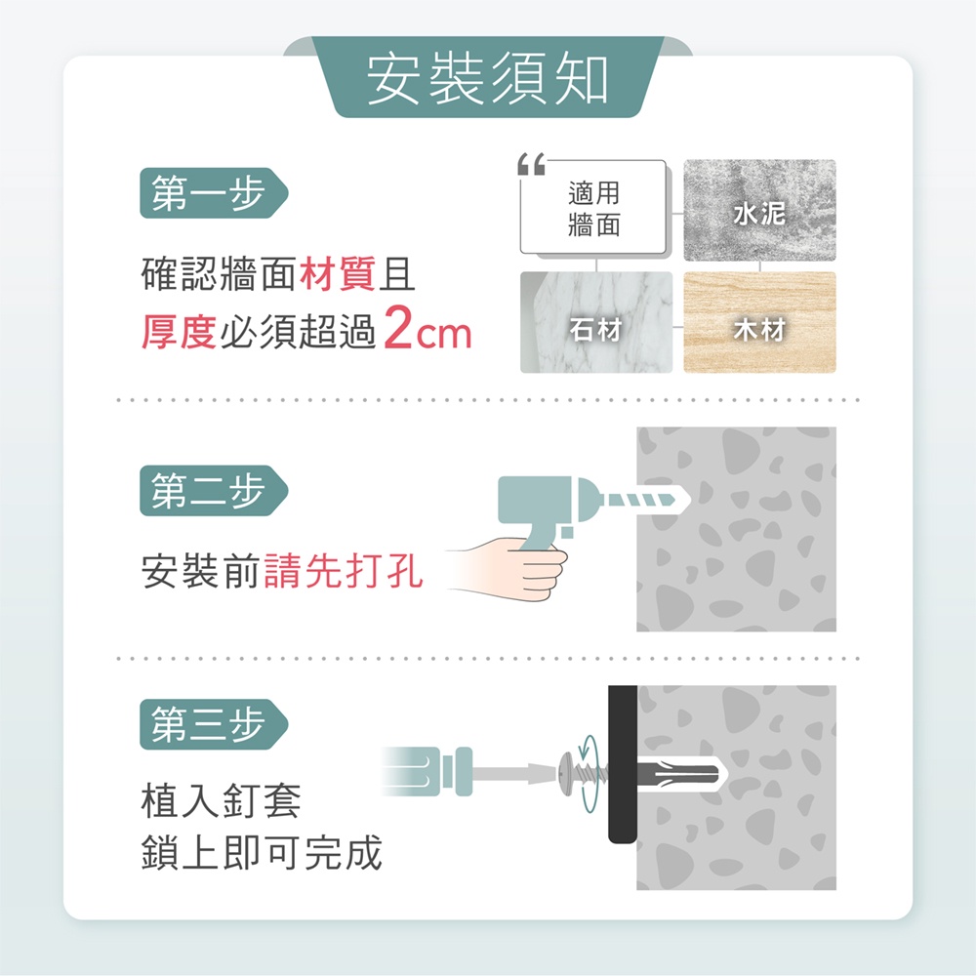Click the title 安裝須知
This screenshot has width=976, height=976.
[487, 79]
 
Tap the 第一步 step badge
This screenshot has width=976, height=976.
[214, 193]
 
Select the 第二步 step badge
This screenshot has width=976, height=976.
[214, 491]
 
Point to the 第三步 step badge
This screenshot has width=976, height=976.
[214, 724]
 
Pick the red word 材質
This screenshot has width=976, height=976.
[338, 274]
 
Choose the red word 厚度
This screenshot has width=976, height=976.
[180, 331]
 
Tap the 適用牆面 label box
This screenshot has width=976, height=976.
[593, 208]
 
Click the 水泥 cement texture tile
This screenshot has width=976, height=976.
[759, 211]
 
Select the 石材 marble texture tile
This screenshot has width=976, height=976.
[596, 322]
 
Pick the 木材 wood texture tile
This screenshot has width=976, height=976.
[759, 322]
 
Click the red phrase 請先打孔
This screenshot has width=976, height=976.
[344, 571]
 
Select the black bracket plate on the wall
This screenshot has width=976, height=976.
[623, 764]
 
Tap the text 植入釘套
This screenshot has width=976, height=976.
[221, 800]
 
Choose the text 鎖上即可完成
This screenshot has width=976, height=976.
[262, 853]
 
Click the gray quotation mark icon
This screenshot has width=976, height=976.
[531, 164]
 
